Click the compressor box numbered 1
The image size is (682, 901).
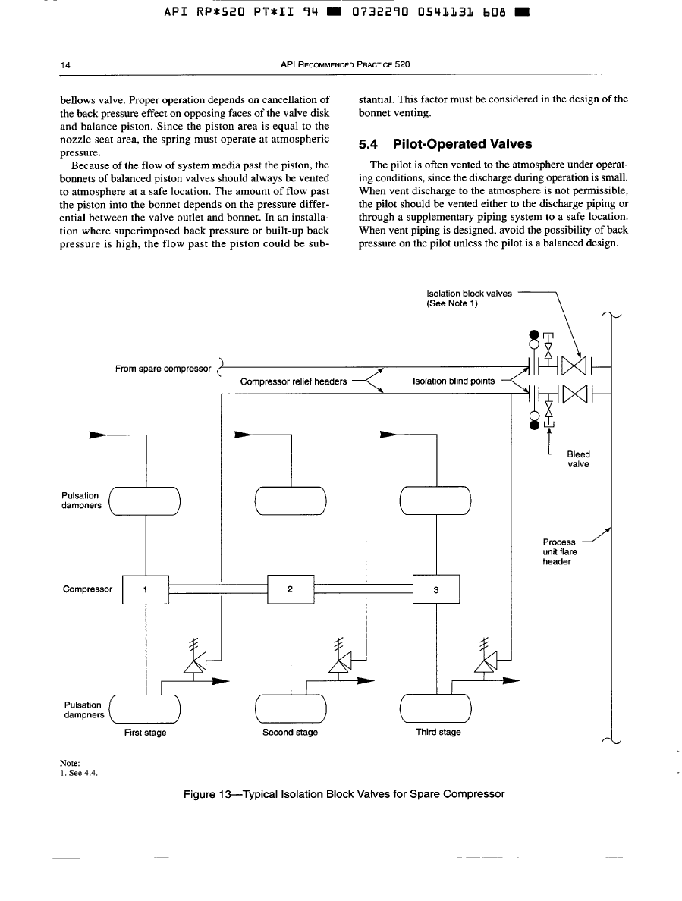point(145,589)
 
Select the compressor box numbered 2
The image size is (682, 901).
point(291,589)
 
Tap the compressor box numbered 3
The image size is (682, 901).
point(436,589)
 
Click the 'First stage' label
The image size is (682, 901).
point(146,733)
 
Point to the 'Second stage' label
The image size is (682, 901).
point(290,733)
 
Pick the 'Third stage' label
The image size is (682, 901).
point(438,733)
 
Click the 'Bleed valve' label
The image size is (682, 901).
point(578,460)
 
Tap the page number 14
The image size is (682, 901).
point(65,65)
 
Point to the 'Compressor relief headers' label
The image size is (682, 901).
point(294,381)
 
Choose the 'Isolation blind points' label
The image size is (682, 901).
point(453,381)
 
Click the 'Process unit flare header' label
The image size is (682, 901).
point(560,552)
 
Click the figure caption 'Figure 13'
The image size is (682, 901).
point(344,794)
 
